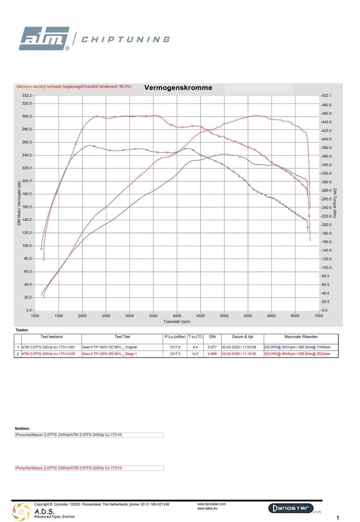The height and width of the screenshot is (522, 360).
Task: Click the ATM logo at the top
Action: click(44, 39)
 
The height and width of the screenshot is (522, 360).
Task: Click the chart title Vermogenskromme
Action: click(178, 88)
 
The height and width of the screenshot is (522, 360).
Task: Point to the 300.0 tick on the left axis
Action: click(27, 117)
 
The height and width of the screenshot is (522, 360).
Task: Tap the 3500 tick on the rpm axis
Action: click(153, 316)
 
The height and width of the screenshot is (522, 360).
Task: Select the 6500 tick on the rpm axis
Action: click(295, 316)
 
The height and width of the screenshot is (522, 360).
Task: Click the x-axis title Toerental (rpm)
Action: click(177, 321)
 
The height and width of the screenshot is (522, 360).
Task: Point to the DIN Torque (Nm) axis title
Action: click(335, 203)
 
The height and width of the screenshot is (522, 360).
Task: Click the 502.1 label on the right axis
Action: click(327, 95)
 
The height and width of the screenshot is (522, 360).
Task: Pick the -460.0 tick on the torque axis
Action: click(327, 113)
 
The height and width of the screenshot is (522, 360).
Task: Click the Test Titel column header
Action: click(122, 337)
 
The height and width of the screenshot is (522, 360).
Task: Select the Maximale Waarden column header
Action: click(301, 337)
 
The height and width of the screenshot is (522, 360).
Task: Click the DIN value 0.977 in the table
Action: click(212, 347)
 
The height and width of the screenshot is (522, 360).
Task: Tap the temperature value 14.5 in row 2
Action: click(195, 354)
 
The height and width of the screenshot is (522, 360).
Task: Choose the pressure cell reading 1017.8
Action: click(175, 347)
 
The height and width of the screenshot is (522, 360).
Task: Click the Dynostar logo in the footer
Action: click(291, 508)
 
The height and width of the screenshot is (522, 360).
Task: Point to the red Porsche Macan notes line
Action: click(69, 468)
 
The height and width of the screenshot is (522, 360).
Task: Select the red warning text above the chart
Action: click(74, 86)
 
